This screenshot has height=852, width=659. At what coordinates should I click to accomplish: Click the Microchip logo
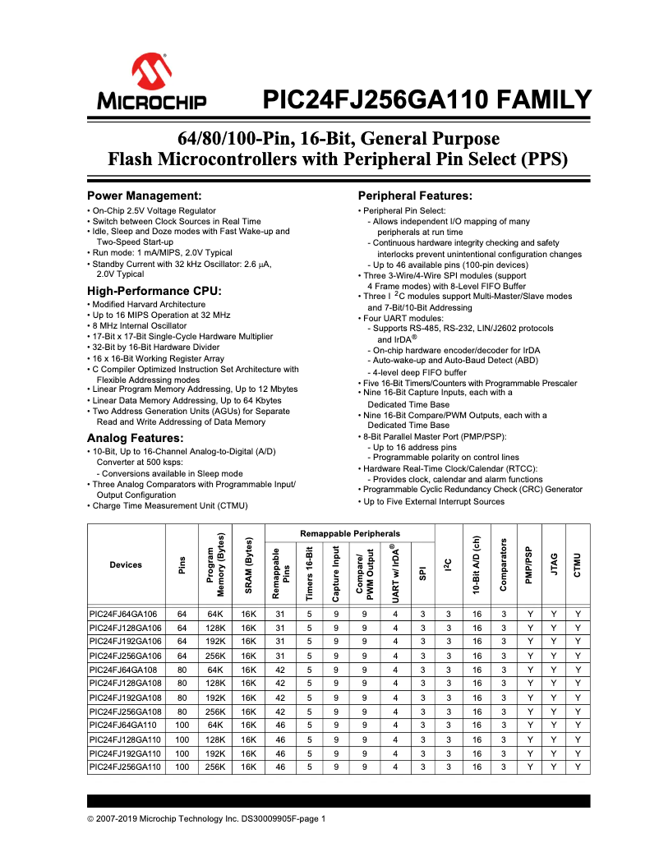pyautogui.click(x=153, y=82)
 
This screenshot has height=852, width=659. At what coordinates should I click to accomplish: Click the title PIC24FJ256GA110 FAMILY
pyautogui.click(x=426, y=100)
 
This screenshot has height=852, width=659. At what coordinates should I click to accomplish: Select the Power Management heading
pyautogui.click(x=145, y=196)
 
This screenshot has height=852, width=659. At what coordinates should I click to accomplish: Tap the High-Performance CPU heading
pyautogui.click(x=154, y=291)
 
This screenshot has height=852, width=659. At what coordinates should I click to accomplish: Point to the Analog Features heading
pyautogui.click(x=135, y=438)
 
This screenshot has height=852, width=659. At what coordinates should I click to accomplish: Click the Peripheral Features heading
pyautogui.click(x=415, y=196)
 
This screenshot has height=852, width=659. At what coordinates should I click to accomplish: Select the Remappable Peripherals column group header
pyautogui.click(x=350, y=533)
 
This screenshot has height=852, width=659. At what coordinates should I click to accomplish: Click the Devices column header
pyautogui.click(x=126, y=564)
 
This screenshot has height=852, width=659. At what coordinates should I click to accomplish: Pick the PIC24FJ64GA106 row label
pyautogui.click(x=126, y=614)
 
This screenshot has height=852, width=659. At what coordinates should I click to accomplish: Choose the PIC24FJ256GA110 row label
pyautogui.click(x=126, y=767)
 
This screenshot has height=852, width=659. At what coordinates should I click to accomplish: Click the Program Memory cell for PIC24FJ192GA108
pyautogui.click(x=215, y=698)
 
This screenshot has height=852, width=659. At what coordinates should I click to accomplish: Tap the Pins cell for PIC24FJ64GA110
pyautogui.click(x=182, y=725)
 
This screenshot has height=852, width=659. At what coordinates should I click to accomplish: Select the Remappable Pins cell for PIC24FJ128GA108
pyautogui.click(x=280, y=683)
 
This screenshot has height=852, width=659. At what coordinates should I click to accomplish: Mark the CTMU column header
pyautogui.click(x=578, y=564)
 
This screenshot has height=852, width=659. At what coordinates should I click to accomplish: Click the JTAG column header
pyautogui.click(x=554, y=564)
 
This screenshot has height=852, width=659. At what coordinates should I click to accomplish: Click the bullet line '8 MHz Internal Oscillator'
pyautogui.click(x=140, y=325)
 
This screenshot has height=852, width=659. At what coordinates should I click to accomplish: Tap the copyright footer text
pyautogui.click(x=207, y=818)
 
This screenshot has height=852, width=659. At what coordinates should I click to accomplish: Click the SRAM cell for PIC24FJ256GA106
pyautogui.click(x=249, y=656)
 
